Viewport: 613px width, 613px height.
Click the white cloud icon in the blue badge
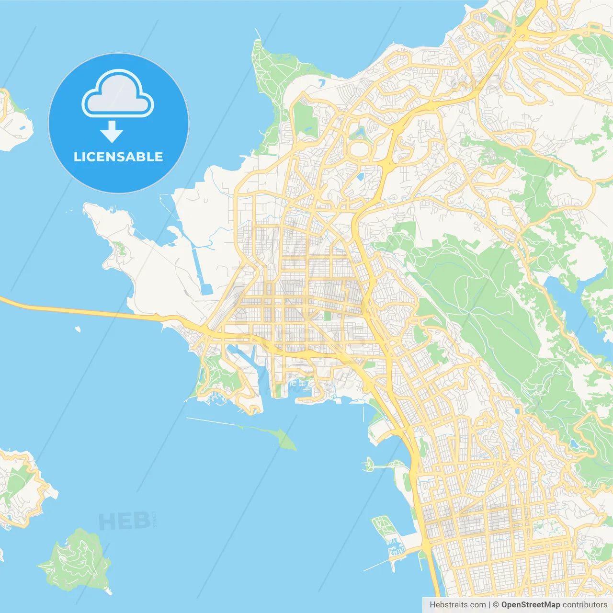(x=118, y=96)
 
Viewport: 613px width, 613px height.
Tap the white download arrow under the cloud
(x=112, y=132)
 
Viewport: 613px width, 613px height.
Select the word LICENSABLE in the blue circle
(x=118, y=157)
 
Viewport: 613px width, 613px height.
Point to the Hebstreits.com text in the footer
(x=457, y=605)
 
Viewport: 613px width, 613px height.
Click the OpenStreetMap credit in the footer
(x=530, y=605)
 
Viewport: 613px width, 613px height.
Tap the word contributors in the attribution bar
(x=584, y=605)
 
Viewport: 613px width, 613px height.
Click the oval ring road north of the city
(x=360, y=149)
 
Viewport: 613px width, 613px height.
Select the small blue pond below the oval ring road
(x=360, y=176)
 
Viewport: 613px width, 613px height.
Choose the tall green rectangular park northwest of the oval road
(x=305, y=118)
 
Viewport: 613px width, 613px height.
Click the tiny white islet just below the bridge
(x=78, y=329)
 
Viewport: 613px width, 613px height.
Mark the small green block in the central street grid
(x=328, y=316)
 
